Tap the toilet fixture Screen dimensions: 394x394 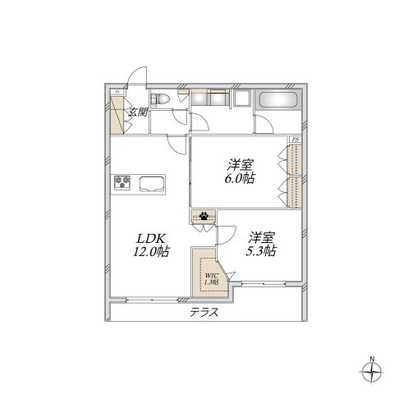click(164, 99)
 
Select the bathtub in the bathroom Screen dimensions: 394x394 click(279, 102)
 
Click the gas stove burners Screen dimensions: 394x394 click(124, 181)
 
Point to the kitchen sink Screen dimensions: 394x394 click(152, 182)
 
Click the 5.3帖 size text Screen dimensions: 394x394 click(260, 251)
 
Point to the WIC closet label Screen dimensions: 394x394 click(211, 277)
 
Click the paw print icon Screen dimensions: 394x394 click(203, 218)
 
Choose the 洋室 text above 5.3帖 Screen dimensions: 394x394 click(261, 236)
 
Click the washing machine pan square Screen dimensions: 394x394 click(244, 101)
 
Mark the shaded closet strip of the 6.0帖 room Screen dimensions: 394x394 click(295, 176)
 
